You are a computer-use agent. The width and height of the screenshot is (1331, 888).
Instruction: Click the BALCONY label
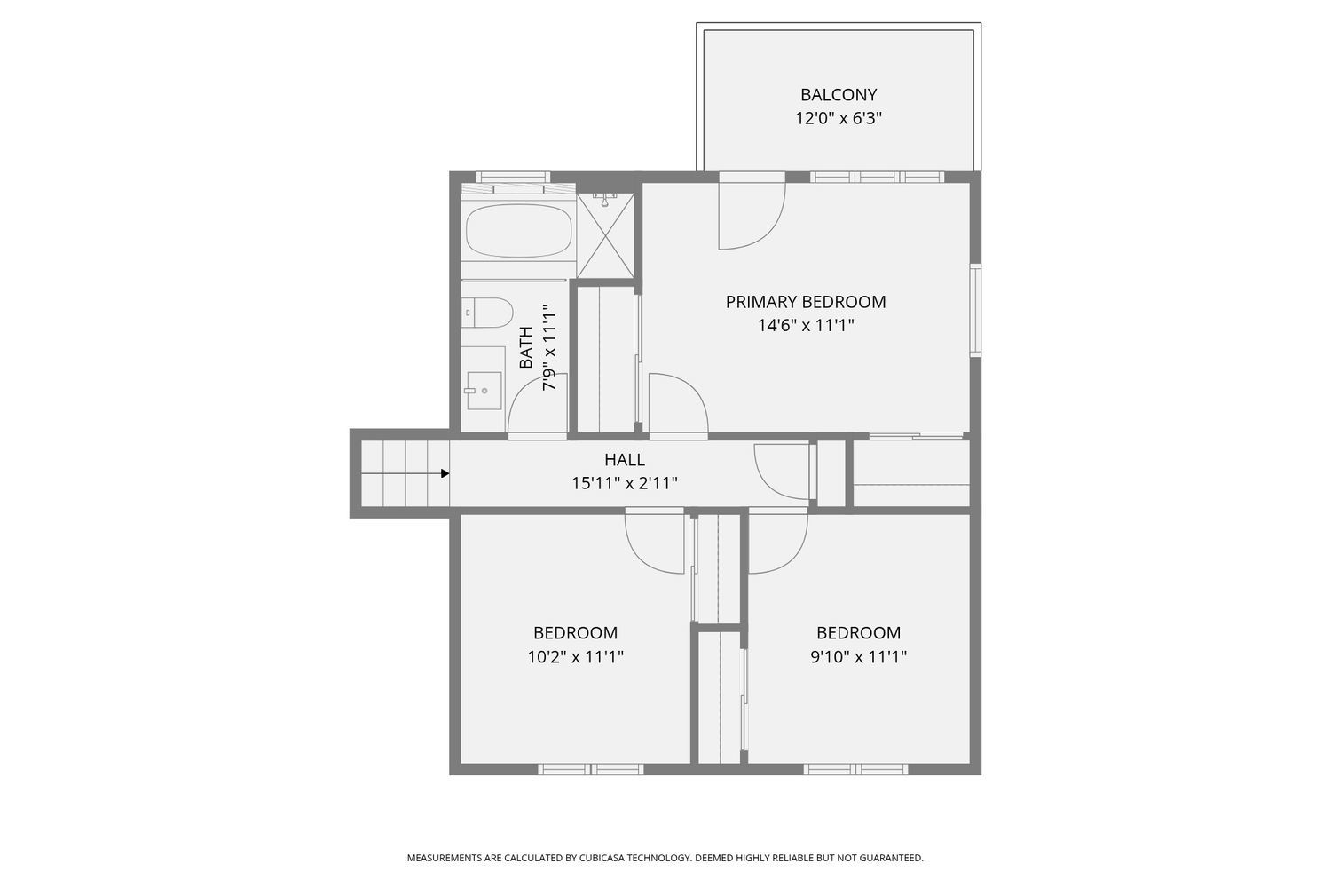click(x=839, y=95)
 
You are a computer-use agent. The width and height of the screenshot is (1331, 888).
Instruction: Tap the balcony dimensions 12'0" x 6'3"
click(x=839, y=118)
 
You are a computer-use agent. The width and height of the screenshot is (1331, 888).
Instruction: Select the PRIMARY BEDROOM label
click(x=805, y=302)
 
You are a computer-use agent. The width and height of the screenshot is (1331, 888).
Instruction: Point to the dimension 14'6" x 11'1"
click(x=805, y=325)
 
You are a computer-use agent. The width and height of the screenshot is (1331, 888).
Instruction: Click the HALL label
click(x=625, y=460)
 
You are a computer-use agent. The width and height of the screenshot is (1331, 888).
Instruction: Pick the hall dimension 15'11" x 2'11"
click(x=625, y=483)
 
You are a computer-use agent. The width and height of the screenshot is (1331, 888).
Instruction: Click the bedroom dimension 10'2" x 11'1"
click(x=575, y=656)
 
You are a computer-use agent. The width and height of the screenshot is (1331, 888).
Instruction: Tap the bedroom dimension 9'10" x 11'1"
click(x=859, y=656)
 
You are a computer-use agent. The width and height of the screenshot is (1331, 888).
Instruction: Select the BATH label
click(x=526, y=347)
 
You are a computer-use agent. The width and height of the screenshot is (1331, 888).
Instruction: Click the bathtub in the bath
click(x=519, y=231)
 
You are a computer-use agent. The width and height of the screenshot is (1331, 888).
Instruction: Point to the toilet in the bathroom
click(x=487, y=313)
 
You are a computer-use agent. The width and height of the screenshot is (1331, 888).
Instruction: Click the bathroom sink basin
click(x=484, y=391)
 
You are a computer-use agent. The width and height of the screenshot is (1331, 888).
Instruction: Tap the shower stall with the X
click(x=605, y=235)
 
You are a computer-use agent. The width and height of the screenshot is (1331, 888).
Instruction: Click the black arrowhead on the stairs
click(x=445, y=473)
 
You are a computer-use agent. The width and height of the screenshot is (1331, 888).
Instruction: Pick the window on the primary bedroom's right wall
click(x=975, y=310)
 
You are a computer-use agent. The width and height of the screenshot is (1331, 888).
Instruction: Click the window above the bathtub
click(x=513, y=178)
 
